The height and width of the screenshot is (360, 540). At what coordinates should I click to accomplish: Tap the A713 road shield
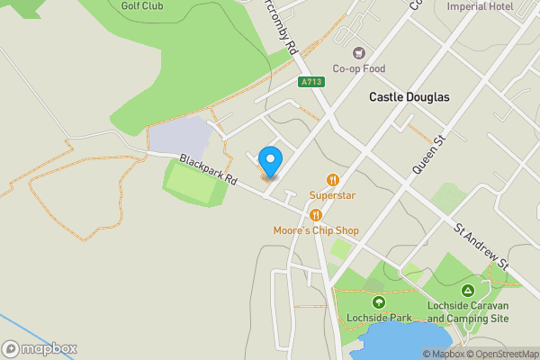(311, 82)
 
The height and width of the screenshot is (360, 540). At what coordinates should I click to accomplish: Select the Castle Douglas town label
(409, 96)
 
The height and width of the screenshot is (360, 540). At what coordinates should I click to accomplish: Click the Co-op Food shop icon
(360, 52)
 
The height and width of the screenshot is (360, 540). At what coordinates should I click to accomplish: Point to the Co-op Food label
(359, 68)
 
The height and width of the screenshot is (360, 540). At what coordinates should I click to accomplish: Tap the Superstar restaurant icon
(333, 179)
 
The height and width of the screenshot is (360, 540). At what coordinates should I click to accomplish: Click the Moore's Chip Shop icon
(316, 215)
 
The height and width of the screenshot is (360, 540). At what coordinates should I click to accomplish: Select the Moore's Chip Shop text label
(316, 231)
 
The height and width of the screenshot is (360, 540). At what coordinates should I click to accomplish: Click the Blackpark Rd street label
(207, 169)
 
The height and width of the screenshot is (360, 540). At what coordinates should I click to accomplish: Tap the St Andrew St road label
(481, 248)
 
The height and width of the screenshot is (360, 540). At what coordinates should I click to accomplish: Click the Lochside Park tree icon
(378, 302)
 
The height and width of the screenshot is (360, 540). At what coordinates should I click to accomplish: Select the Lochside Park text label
(378, 318)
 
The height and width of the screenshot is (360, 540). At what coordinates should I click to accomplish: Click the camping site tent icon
(468, 291)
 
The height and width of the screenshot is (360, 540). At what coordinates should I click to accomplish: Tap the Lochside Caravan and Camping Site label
(468, 312)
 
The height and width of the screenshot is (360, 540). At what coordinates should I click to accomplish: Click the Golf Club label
(142, 5)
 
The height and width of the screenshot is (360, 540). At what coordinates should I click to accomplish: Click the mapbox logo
(40, 348)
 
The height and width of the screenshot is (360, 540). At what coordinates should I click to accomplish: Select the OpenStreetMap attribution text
(503, 354)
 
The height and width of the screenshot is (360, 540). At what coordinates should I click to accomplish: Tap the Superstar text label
(333, 194)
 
